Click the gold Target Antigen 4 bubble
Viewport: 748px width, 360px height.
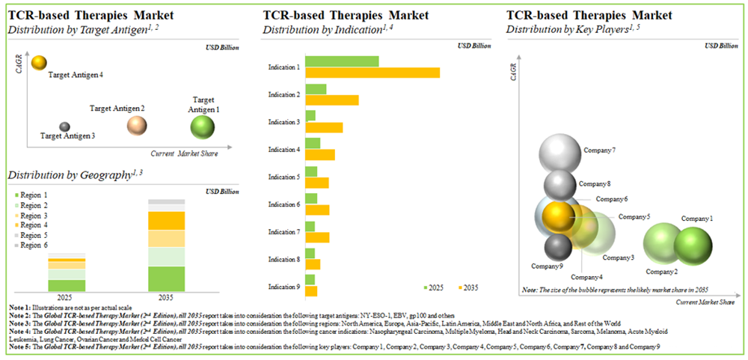[40, 64]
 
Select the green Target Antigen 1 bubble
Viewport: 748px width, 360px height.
[203, 128]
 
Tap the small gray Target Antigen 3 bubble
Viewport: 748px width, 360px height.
[65, 127]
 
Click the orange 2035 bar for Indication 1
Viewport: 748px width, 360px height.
[373, 73]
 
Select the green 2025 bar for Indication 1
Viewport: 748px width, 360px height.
[342, 61]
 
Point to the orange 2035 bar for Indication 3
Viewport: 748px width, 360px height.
[324, 127]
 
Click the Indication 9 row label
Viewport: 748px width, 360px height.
[284, 286]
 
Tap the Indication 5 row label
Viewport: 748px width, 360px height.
[284, 177]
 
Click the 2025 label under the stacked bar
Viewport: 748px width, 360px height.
[67, 297]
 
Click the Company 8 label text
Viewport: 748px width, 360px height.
[595, 183]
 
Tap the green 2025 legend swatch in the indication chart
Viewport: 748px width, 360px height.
[427, 287]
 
